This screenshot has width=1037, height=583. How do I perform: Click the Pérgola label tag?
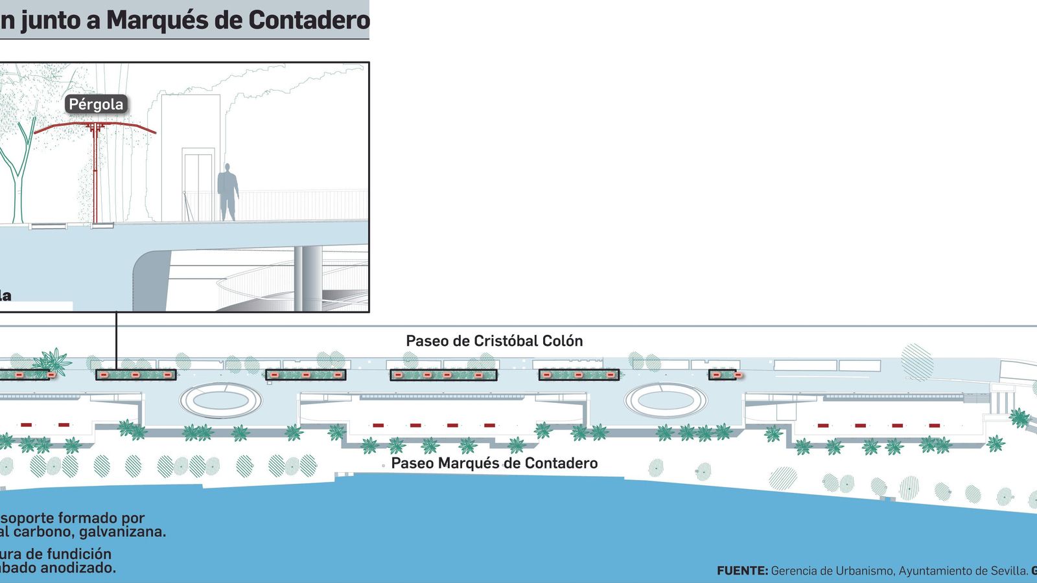pos(96,104)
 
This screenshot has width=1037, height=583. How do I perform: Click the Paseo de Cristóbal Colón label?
pos(494,341)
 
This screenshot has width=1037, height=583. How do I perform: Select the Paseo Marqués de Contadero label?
pos(494,463)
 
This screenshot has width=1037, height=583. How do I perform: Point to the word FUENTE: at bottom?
pos(742,571)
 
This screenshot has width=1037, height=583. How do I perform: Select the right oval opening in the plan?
pos(666,400)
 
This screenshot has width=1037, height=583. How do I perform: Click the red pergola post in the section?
pos(95,175)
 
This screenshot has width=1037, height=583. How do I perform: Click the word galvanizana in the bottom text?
pos(122,532)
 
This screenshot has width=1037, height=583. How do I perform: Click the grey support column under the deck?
pos(308,279)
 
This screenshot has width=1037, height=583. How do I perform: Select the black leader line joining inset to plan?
pos(117,340)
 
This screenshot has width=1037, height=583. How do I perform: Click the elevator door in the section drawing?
pos(198,185)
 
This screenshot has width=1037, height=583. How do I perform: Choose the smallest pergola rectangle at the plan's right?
pos(722,374)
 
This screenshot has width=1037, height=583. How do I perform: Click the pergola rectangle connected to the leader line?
pos(136,374)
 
